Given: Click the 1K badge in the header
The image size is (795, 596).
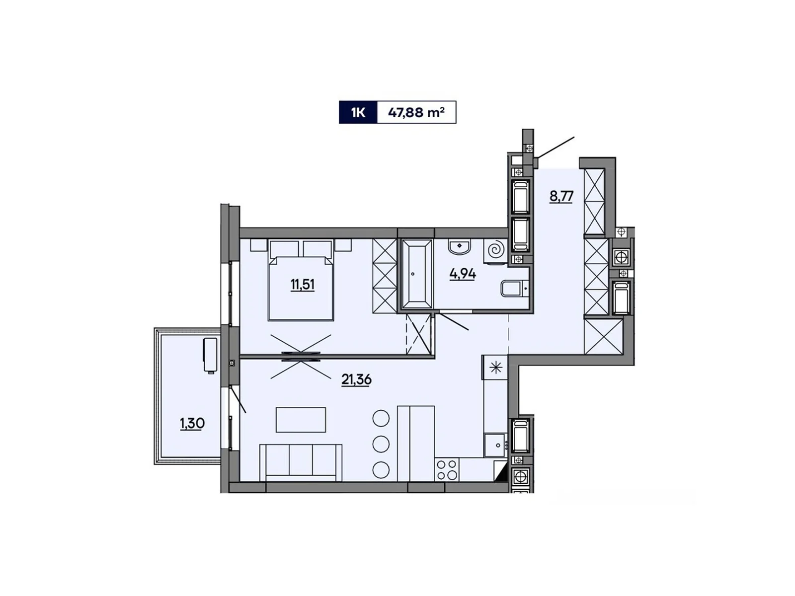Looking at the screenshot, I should [x=358, y=113].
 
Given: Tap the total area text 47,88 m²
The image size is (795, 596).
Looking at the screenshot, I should [x=416, y=113].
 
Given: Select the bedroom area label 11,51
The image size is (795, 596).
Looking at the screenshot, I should [x=303, y=285].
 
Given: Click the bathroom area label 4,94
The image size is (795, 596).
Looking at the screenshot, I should [x=463, y=274].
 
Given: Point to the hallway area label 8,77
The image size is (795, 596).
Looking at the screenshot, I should [x=561, y=196].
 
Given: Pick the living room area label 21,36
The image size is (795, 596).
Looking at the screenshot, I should [x=356, y=379].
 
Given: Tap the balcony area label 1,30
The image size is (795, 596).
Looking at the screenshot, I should [x=192, y=423].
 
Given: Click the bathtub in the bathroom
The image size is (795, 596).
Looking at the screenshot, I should [x=416, y=274].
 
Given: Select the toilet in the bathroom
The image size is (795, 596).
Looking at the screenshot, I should [x=513, y=289].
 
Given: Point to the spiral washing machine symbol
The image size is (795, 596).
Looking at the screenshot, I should [x=496, y=250].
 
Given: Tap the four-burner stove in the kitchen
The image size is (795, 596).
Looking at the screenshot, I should [x=446, y=469].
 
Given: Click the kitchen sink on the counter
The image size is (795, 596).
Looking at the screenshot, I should [x=495, y=445].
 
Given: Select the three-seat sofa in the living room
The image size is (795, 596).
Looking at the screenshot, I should [x=301, y=462].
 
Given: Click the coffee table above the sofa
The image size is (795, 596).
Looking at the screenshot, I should [x=301, y=420].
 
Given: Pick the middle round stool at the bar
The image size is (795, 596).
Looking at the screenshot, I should [x=381, y=444].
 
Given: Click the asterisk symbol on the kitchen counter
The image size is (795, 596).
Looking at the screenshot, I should [x=496, y=368].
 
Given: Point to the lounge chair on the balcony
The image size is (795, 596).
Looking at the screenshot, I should [x=210, y=355].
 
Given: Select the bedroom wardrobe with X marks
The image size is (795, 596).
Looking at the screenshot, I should [x=384, y=276].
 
